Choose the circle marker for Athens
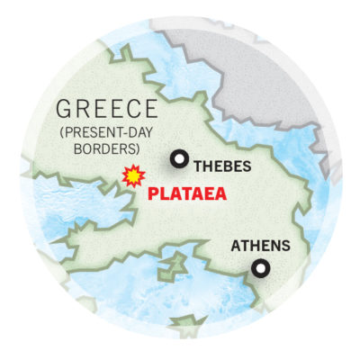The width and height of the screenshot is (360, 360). click(x=260, y=267)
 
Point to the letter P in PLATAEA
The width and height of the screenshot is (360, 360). click(x=152, y=193)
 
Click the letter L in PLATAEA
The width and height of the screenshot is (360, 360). click(x=163, y=193)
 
